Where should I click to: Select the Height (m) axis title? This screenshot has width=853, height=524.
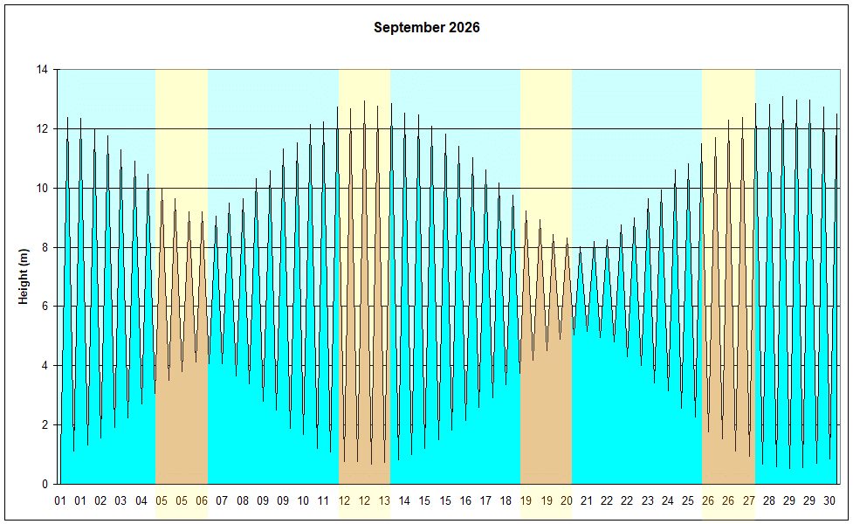[x=24, y=277]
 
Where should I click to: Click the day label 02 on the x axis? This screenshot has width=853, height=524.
[x=100, y=500]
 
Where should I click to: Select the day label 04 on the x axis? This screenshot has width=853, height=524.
[x=141, y=500]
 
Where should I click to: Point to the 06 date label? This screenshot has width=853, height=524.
[x=202, y=500]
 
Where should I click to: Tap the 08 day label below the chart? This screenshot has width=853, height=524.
[x=243, y=500]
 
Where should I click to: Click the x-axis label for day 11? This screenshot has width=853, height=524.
[x=323, y=500]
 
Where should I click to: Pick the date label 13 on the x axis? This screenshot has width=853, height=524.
[x=384, y=500]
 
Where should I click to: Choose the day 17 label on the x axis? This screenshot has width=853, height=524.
[x=485, y=500]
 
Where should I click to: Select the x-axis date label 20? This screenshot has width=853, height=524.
[x=566, y=500]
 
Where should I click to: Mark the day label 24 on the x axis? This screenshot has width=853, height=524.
[x=667, y=500]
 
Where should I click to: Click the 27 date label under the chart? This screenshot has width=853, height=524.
[x=748, y=500]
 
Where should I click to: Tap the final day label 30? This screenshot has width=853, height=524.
[x=829, y=500]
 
